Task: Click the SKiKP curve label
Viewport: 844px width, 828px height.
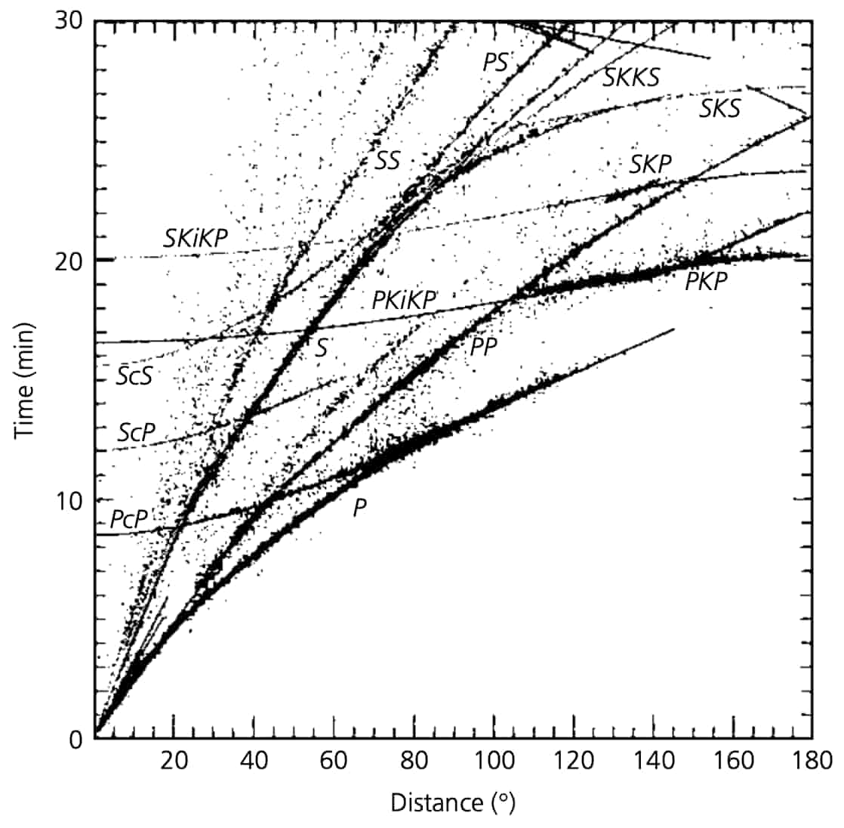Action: pyautogui.click(x=196, y=238)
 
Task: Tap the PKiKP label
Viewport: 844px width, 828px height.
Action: pyautogui.click(x=404, y=300)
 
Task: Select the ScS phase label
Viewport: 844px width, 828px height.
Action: pyautogui.click(x=134, y=375)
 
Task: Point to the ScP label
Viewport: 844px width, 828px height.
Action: pyautogui.click(x=137, y=432)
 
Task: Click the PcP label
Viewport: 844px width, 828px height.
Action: pyautogui.click(x=128, y=519)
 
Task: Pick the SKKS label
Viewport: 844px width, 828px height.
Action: pyautogui.click(x=631, y=78)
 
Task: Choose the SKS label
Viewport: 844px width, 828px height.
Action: pyautogui.click(x=720, y=109)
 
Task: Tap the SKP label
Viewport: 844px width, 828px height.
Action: pyautogui.click(x=651, y=164)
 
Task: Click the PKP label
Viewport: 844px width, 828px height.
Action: pyautogui.click(x=706, y=281)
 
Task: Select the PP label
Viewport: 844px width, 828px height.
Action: pyautogui.click(x=483, y=348)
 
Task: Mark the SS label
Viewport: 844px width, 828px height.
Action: pyautogui.click(x=387, y=160)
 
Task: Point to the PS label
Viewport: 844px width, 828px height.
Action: pyautogui.click(x=495, y=63)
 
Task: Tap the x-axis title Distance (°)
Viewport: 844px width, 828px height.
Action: pyautogui.click(x=453, y=802)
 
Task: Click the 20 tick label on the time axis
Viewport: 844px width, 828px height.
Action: pyautogui.click(x=69, y=261)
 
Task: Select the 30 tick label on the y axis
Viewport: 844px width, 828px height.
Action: pyautogui.click(x=69, y=22)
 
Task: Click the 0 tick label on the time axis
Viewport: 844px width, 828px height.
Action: pyautogui.click(x=76, y=740)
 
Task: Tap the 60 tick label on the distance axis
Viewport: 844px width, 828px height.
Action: pyautogui.click(x=334, y=762)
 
